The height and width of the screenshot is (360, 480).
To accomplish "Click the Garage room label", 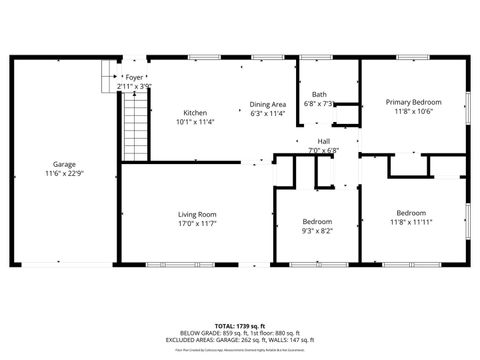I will pyautogui.click(x=64, y=165).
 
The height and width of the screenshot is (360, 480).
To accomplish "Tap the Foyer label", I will pyautogui.click(x=134, y=77).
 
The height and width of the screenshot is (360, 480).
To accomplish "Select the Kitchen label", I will pyautogui.click(x=195, y=113).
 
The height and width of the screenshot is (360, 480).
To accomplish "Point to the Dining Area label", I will pyautogui.click(x=268, y=104).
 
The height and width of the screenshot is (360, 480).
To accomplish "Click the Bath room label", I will pyautogui.click(x=319, y=94).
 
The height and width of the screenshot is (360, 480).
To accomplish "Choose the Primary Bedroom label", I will pyautogui.click(x=414, y=102).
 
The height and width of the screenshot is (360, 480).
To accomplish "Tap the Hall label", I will pyautogui.click(x=324, y=141).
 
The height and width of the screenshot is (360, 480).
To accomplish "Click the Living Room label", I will pyautogui.click(x=197, y=213).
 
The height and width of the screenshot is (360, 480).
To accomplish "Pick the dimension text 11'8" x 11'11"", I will pyautogui.click(x=411, y=222).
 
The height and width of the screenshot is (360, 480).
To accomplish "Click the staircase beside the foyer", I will pyautogui.click(x=134, y=125).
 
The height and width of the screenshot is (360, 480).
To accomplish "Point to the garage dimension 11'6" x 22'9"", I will pyautogui.click(x=64, y=174).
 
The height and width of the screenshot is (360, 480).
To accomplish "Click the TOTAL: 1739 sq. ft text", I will pyautogui.click(x=240, y=327).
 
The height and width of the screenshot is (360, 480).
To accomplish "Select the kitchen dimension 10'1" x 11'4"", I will pyautogui.click(x=195, y=122).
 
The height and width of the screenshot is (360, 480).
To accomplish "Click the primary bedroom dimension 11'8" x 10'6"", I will pyautogui.click(x=414, y=111).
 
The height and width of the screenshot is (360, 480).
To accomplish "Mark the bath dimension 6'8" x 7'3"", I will pyautogui.click(x=319, y=103).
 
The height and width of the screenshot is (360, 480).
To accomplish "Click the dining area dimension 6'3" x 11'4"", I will pyautogui.click(x=268, y=113).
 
